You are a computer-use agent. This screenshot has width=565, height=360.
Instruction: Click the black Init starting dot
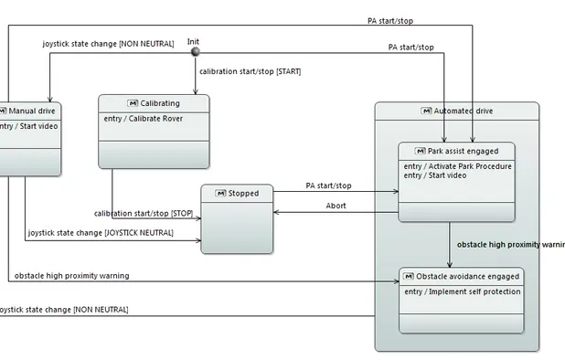tap(194, 52)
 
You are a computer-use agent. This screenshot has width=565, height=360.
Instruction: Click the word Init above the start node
tap(194, 41)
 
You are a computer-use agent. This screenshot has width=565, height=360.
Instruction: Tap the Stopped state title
tap(243, 193)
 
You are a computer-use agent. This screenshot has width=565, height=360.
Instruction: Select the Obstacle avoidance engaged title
tap(466, 276)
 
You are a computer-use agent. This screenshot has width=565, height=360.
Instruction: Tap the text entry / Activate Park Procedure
tap(456, 166)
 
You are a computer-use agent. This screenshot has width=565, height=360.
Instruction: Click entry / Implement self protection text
tap(462, 291)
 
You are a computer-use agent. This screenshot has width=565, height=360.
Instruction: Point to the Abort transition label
tap(336, 206)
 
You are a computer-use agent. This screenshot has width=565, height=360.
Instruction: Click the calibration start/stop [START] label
tap(250, 71)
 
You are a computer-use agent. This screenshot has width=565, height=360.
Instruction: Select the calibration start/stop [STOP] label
tap(144, 214)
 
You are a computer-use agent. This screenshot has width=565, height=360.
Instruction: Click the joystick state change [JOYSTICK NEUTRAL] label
tap(101, 234)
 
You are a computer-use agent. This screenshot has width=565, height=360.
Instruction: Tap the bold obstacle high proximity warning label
tap(510, 245)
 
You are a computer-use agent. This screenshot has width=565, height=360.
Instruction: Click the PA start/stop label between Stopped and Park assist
tap(328, 185)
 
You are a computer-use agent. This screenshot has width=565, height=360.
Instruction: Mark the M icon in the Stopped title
tap(220, 193)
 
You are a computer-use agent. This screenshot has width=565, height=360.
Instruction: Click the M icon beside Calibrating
tap(133, 103)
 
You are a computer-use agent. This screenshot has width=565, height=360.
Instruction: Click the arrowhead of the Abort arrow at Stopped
tap(276, 213)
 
